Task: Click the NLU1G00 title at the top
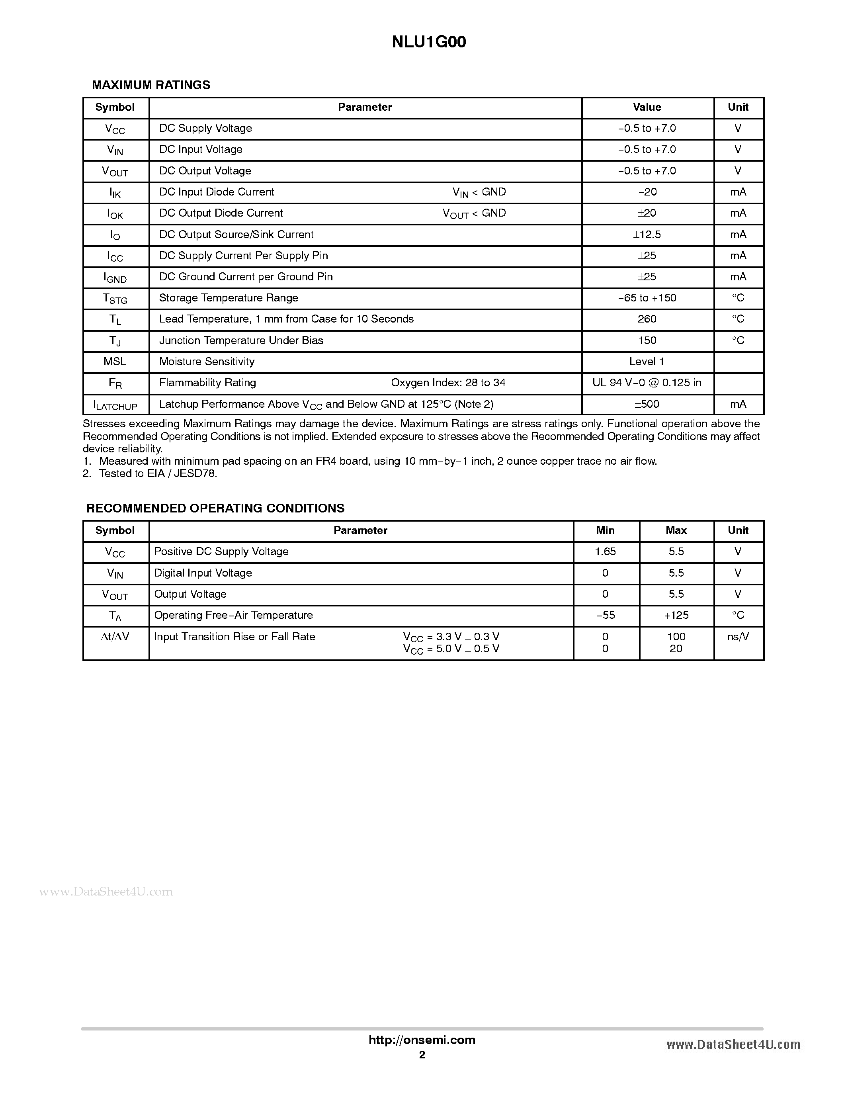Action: tap(428, 42)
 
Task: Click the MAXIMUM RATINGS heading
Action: tap(151, 85)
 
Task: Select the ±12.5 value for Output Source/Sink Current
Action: tap(647, 235)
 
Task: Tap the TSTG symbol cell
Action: tap(115, 299)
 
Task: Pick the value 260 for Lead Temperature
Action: tap(647, 319)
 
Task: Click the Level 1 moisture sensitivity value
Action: tap(647, 362)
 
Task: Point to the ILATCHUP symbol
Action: tap(115, 405)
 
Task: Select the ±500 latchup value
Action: tap(647, 404)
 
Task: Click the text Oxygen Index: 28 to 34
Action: tap(448, 383)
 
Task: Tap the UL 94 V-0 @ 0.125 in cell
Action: tap(647, 383)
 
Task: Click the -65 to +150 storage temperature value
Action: tap(647, 298)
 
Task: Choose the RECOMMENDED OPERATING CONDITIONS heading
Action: tap(215, 508)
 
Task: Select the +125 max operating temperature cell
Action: tap(676, 615)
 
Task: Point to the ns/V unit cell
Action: tap(738, 637)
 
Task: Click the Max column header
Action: tap(676, 530)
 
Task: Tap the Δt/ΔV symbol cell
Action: tap(115, 637)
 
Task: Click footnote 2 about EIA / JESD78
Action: tap(150, 474)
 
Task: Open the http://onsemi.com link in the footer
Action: tap(422, 1040)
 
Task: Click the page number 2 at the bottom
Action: tap(422, 1055)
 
